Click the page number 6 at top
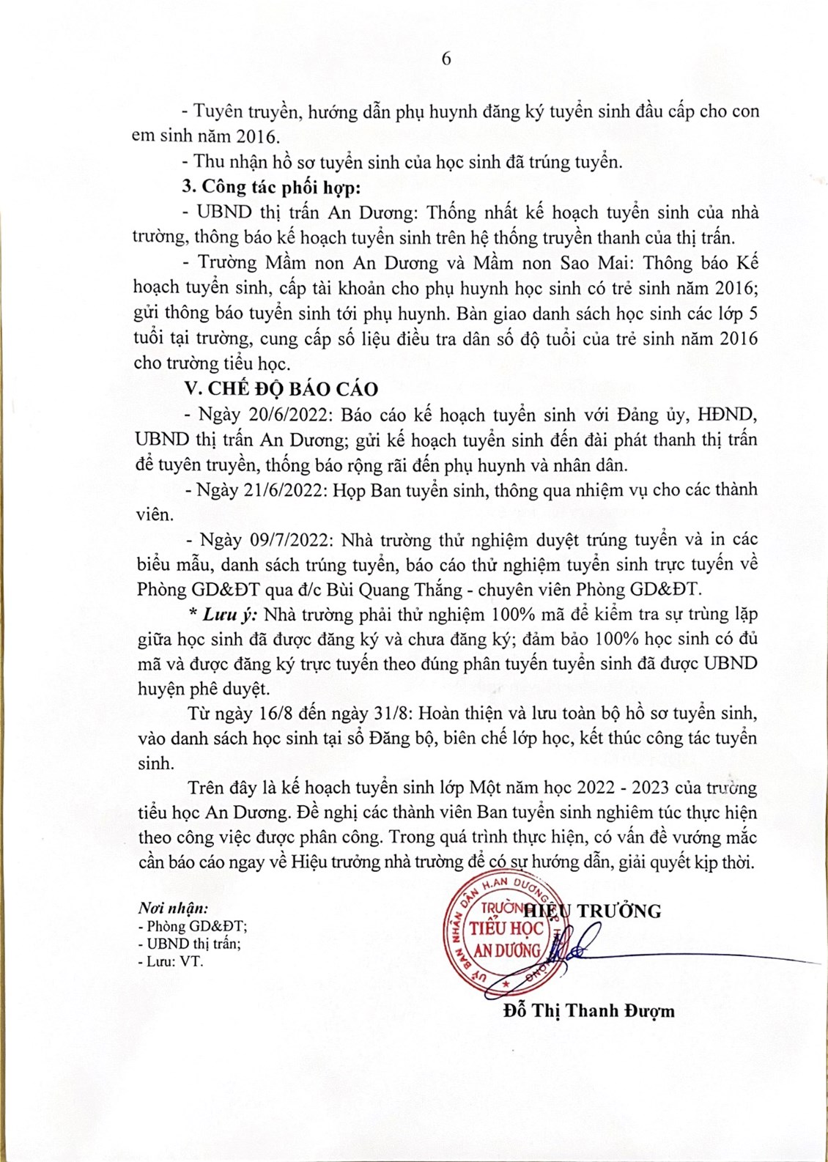coord(446,59)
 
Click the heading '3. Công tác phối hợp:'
coord(271,187)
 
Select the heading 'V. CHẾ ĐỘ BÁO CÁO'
coord(281,389)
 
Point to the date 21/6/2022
coord(284,490)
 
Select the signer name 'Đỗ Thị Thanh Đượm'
coord(589,1011)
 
